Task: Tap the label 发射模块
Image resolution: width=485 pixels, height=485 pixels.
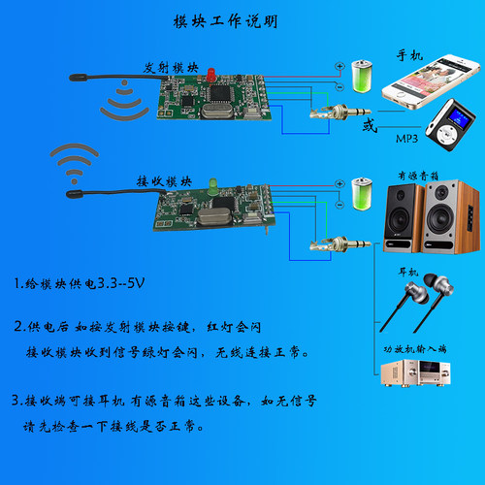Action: coord(167,69)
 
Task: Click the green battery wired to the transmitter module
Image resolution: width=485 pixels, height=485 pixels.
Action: coord(362,74)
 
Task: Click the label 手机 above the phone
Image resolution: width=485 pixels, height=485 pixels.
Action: coord(409,56)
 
